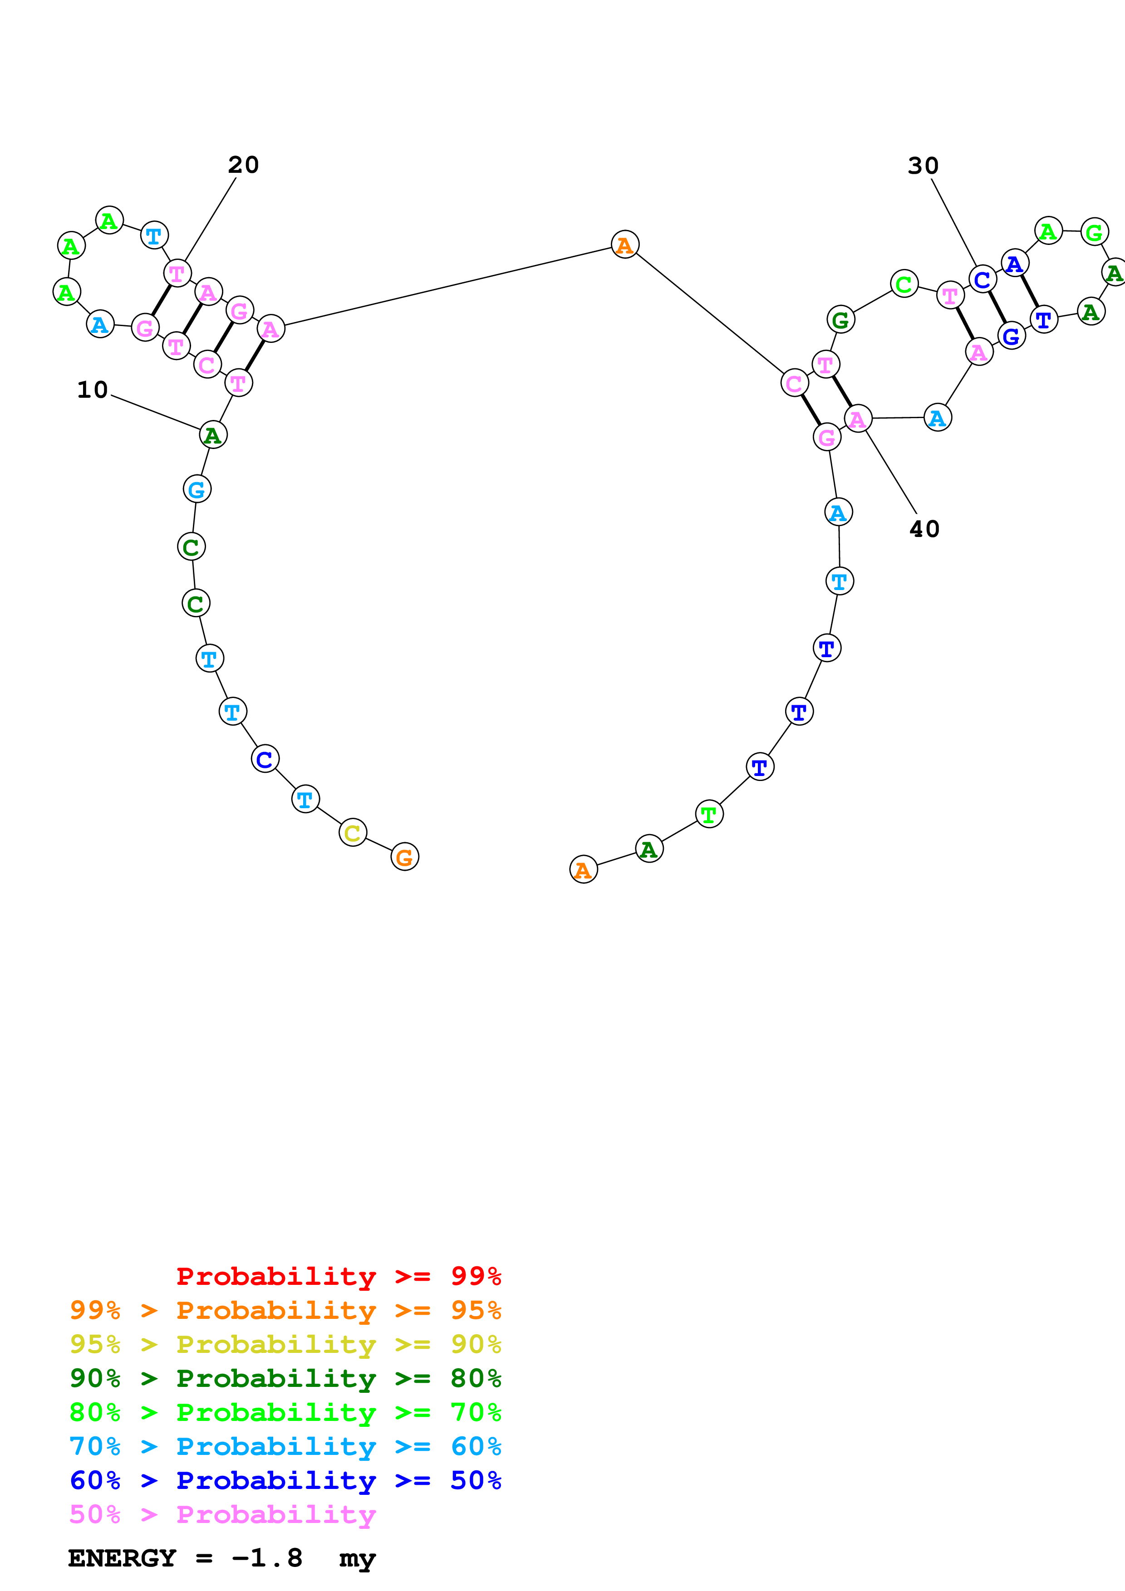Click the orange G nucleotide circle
[x=405, y=857]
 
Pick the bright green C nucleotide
[x=904, y=283]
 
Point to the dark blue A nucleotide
[x=1015, y=264]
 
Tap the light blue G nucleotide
[x=197, y=489]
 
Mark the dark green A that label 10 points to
[x=213, y=435]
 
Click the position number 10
[x=92, y=390]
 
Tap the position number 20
[x=243, y=165]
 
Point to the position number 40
[x=924, y=529]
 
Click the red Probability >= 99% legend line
[x=338, y=1276]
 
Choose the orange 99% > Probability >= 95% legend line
[x=285, y=1310]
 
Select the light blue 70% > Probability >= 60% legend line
[x=285, y=1446]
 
